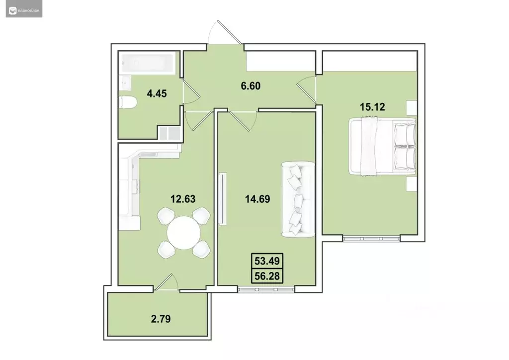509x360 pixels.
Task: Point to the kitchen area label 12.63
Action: click(x=182, y=199)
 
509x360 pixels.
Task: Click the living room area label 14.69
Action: click(x=256, y=199)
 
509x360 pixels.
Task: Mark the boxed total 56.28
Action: click(x=266, y=274)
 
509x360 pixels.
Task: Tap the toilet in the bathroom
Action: click(x=128, y=103)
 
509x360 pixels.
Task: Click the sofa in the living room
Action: click(x=298, y=199)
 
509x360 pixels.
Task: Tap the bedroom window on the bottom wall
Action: click(x=371, y=238)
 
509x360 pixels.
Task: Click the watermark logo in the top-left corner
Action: click(x=24, y=9)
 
